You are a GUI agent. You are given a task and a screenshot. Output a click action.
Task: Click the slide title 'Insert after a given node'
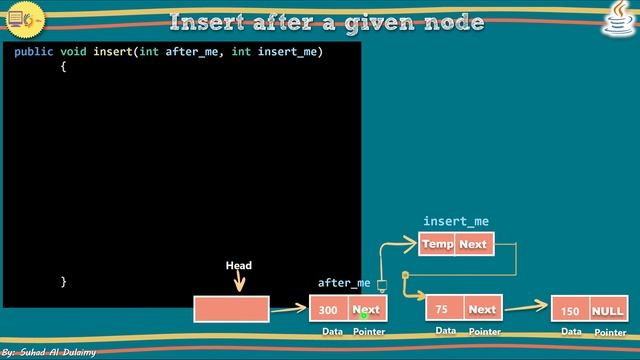pos(326,21)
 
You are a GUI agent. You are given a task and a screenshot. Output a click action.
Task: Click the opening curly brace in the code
pos(62,68)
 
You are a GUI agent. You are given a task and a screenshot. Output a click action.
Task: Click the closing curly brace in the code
pos(62,282)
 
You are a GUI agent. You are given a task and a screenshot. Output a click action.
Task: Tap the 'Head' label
pos(238,266)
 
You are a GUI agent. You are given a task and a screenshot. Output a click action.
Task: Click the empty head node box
pos(231,309)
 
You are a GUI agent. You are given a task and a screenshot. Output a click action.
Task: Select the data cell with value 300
pos(329,310)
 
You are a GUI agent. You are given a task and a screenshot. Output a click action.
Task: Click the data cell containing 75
pos(443,309)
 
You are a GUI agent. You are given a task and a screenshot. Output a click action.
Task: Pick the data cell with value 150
pos(570,310)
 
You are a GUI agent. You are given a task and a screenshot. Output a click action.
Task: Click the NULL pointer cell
pos(607,310)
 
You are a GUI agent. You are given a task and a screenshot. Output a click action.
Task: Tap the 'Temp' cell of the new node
pos(437,244)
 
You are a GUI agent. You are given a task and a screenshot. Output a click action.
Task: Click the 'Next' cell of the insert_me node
pos(474,244)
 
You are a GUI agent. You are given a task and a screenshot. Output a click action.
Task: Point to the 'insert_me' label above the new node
pos(456,221)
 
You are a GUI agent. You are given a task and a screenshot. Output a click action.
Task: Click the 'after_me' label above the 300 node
pos(344,283)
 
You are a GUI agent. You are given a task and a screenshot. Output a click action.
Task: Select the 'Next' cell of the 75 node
pos(482,309)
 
